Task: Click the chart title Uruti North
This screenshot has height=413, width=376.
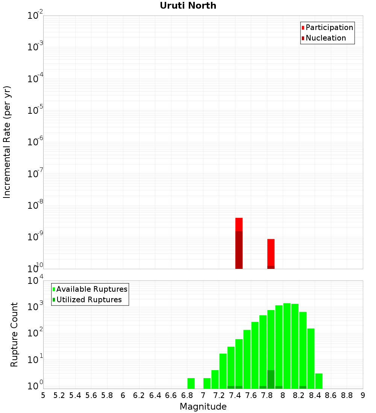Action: click(188, 6)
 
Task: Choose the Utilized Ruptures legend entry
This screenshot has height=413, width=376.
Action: click(89, 300)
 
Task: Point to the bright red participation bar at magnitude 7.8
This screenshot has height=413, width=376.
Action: click(271, 252)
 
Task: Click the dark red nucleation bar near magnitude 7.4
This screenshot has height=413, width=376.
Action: click(239, 250)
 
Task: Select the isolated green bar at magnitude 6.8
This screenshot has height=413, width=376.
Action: click(191, 383)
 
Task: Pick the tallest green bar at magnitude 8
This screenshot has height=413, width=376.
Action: click(287, 345)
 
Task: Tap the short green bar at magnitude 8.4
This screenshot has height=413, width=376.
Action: click(319, 381)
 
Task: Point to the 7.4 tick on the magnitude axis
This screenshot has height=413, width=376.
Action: click(235, 395)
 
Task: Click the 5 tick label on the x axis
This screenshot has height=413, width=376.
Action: click(43, 395)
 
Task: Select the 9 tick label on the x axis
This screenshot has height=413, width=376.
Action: click(363, 395)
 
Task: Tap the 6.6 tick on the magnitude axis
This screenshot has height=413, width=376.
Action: click(171, 395)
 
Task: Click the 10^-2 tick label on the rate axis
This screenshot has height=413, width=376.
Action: click(35, 16)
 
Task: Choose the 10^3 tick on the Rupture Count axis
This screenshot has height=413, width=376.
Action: click(35, 306)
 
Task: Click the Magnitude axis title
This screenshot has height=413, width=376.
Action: click(203, 407)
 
